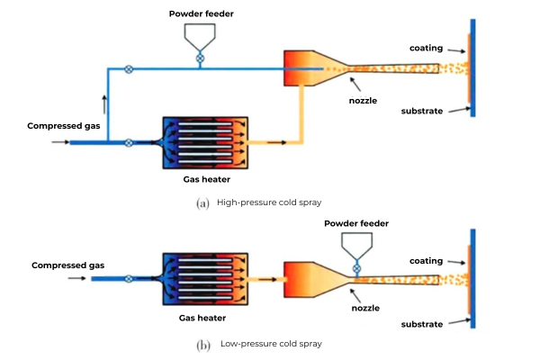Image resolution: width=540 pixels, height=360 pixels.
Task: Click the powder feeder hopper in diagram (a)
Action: (x=200, y=36)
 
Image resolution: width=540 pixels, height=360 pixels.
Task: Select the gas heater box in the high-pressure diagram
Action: (x=205, y=143)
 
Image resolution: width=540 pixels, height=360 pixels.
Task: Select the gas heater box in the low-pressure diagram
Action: (x=205, y=279)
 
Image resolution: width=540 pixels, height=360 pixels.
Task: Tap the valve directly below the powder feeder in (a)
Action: (x=200, y=59)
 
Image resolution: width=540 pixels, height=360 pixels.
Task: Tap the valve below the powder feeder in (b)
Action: (x=356, y=268)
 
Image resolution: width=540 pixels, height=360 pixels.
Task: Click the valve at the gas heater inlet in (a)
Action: (x=130, y=142)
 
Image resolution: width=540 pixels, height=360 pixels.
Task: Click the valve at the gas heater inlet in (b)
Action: (x=130, y=279)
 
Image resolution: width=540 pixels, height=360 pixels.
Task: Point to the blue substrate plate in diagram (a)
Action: (x=472, y=67)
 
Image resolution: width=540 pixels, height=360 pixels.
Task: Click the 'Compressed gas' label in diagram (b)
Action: (x=68, y=265)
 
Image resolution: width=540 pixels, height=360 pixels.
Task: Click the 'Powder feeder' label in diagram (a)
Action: (x=200, y=12)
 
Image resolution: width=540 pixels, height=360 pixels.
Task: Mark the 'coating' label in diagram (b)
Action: (x=426, y=261)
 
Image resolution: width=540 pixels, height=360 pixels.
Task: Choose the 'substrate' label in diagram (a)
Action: (x=422, y=112)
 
